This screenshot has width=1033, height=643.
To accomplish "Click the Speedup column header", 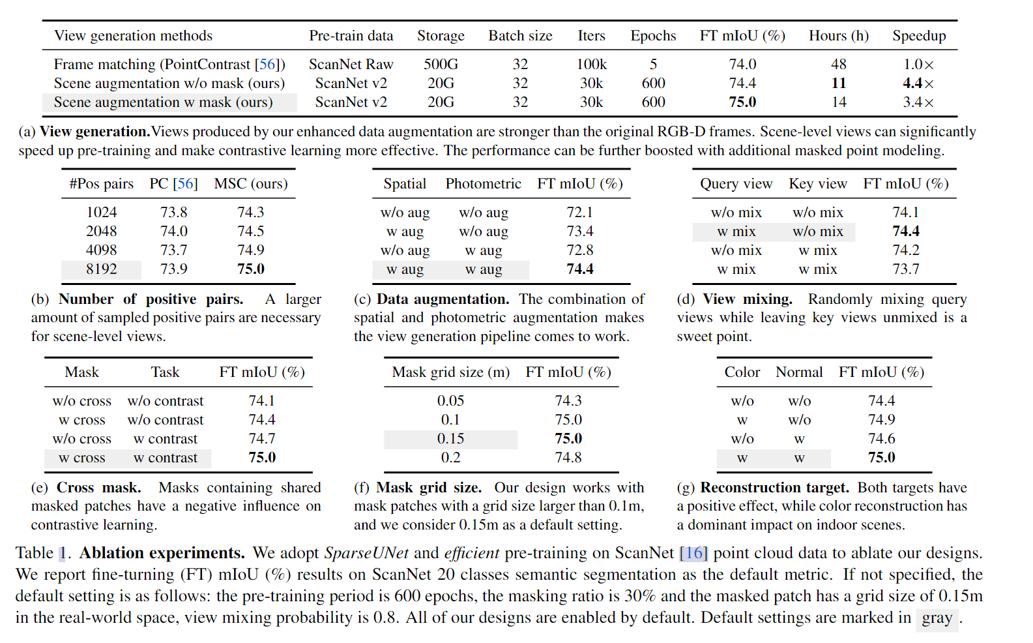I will [919, 36].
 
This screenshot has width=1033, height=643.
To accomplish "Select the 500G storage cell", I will [441, 65].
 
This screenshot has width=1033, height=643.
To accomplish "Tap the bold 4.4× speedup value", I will [918, 83].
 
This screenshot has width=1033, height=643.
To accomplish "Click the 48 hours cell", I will [838, 65].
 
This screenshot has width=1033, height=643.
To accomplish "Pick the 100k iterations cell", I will [591, 65].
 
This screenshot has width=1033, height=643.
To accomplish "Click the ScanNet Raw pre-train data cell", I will [351, 65].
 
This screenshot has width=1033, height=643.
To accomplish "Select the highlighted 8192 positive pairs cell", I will [102, 269].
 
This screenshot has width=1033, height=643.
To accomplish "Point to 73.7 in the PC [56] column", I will [173, 250].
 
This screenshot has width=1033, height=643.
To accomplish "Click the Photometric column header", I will [483, 184].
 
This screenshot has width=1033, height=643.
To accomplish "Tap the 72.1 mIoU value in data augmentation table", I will [579, 213].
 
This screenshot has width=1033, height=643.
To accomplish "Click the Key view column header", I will [817, 184].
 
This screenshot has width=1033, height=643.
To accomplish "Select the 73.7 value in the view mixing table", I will [905, 269].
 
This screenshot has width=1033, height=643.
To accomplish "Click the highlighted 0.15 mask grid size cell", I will [450, 439].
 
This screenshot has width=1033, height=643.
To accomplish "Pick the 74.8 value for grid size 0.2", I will [568, 458].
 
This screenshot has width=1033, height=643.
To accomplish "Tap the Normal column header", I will [799, 372].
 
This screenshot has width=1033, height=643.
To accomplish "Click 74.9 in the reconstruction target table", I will [881, 420].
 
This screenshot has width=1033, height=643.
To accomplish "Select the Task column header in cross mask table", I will [165, 372].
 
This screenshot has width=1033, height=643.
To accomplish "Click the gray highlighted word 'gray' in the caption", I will [937, 618].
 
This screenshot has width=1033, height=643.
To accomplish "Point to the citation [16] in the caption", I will [693, 553].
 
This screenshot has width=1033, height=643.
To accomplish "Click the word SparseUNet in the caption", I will [366, 553].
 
